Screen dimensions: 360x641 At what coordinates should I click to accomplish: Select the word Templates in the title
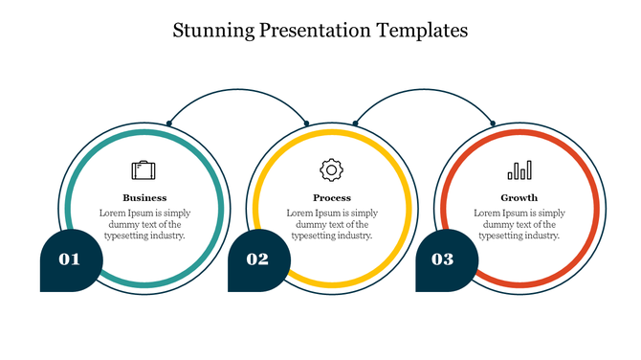(x=421, y=31)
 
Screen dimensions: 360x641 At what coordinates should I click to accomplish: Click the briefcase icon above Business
(x=144, y=170)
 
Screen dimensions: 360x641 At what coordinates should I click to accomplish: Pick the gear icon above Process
(x=331, y=170)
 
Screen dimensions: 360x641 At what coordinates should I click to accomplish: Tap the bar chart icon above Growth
(x=519, y=170)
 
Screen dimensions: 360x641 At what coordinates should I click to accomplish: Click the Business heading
(x=144, y=198)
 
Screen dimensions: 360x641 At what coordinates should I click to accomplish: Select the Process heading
(x=332, y=198)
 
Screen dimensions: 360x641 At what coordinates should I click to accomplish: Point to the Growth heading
(x=519, y=198)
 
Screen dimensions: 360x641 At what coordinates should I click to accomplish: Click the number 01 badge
(x=70, y=259)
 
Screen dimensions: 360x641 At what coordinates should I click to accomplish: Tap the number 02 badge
(x=257, y=259)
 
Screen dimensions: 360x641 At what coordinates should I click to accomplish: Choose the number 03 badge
(x=443, y=259)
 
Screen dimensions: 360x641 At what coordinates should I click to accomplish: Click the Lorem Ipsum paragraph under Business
(x=144, y=224)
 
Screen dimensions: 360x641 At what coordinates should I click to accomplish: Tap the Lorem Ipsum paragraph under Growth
(x=519, y=224)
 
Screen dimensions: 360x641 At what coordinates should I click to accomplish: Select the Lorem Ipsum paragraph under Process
(x=332, y=224)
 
